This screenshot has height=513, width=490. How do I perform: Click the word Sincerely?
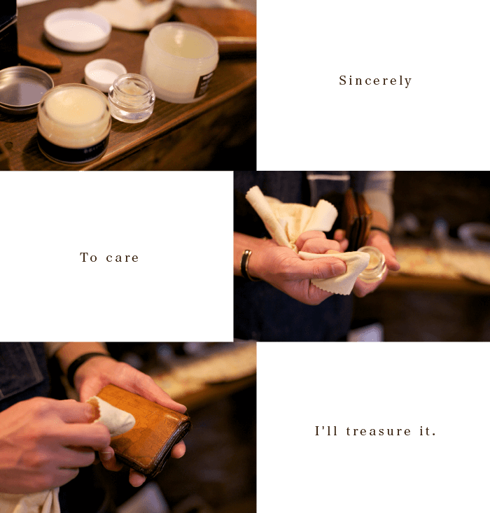[x=375, y=80]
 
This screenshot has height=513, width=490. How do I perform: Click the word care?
[x=122, y=258]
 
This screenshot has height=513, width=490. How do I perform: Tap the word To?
[x=88, y=257]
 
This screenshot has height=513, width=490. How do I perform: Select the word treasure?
[x=379, y=431]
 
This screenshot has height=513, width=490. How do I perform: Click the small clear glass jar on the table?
[x=132, y=98]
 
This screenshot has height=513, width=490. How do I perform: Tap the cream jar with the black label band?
[x=74, y=124]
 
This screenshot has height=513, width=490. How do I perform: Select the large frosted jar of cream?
[x=180, y=62]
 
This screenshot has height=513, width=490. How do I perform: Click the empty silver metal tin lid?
[x=24, y=89]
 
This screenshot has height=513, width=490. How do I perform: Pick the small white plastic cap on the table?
[x=105, y=74]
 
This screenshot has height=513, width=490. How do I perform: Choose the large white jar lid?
[x=78, y=29]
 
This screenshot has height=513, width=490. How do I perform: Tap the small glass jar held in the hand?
[x=372, y=264]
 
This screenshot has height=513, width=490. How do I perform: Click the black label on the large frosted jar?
[x=204, y=85]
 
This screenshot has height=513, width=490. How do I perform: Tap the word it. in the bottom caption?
[x=428, y=431]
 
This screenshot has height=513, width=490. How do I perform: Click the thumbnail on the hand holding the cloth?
[x=339, y=269]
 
